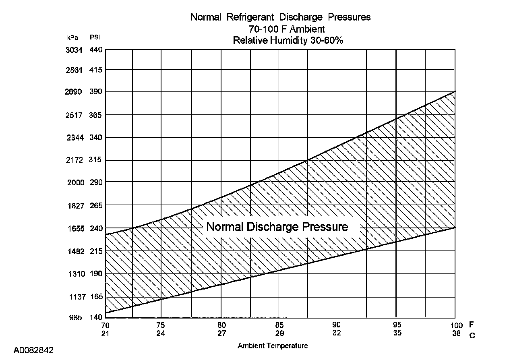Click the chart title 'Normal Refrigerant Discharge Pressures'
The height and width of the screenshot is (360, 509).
tap(280, 17)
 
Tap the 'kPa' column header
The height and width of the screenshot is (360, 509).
tap(72, 37)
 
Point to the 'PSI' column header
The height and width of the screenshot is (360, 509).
tap(95, 37)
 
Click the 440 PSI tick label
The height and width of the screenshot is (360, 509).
tap(96, 50)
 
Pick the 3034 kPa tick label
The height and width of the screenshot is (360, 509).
tap(74, 50)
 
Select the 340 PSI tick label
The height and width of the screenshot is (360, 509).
tap(96, 138)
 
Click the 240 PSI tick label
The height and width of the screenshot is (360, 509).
tap(96, 229)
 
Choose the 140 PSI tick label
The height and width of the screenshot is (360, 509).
tap(96, 317)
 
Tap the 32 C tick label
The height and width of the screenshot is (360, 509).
tap(337, 333)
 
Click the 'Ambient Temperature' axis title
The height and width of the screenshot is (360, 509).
tap(273, 346)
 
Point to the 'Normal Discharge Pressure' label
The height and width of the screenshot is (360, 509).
tap(277, 227)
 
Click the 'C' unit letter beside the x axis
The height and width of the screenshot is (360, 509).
tap(472, 336)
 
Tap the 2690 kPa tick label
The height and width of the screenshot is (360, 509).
tap(74, 92)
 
